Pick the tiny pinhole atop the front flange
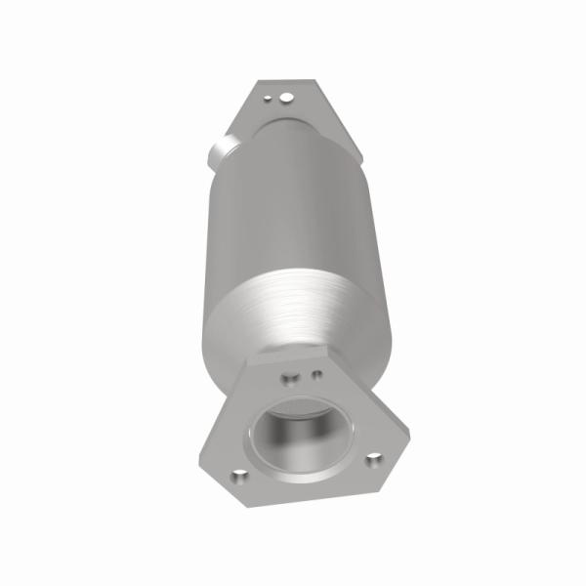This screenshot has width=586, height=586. [315, 372]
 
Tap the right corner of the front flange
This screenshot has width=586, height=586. [395, 455]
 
